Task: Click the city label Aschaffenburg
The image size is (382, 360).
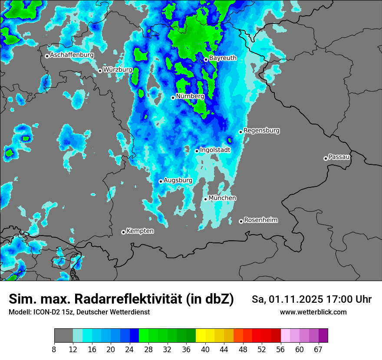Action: [72, 55]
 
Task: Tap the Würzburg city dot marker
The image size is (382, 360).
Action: [100, 71]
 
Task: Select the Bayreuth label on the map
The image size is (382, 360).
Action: [223, 58]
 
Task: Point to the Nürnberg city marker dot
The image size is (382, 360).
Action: [173, 98]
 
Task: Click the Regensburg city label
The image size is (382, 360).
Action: [261, 130]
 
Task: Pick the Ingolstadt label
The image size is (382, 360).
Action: [215, 150]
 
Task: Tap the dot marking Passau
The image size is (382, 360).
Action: [326, 158]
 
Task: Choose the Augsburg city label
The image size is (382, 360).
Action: [178, 180]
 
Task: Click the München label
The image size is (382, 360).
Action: [222, 198]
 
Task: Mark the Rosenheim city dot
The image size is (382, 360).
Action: [241, 222]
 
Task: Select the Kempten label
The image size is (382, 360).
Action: [140, 231]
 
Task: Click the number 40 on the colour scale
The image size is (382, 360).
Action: [205, 350]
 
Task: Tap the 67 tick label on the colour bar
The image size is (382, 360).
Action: [318, 350]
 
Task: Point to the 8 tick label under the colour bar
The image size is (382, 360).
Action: [54, 350]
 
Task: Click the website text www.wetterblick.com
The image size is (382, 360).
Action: [313, 312]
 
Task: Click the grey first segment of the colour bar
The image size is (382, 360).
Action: [63, 336]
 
